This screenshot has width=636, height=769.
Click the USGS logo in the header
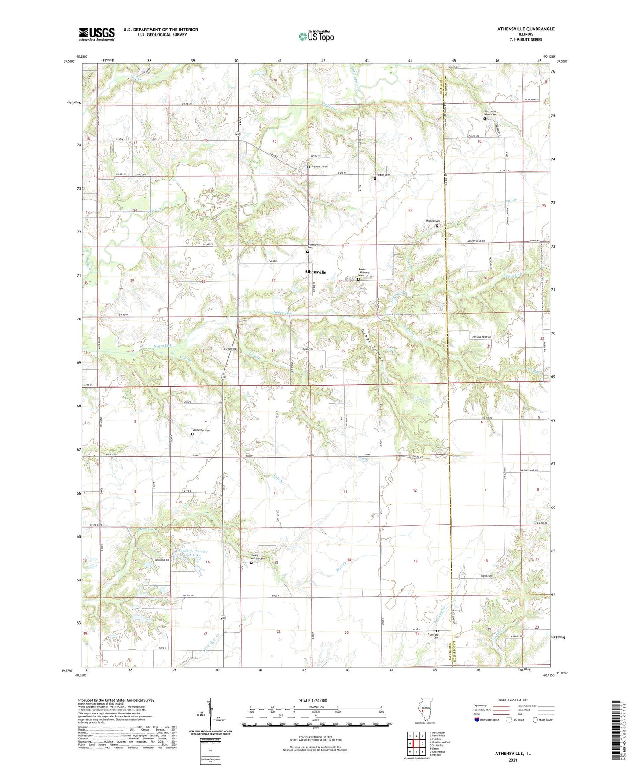click(x=97, y=34)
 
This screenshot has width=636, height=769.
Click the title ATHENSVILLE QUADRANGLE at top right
click(x=526, y=29)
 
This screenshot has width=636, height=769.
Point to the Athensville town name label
click(x=316, y=272)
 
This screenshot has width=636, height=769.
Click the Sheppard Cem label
click(x=320, y=166)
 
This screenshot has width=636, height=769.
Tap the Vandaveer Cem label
click(x=202, y=430)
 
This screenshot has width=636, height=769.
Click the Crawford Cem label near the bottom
click(x=436, y=636)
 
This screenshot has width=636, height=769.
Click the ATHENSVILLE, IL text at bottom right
click(x=513, y=754)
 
